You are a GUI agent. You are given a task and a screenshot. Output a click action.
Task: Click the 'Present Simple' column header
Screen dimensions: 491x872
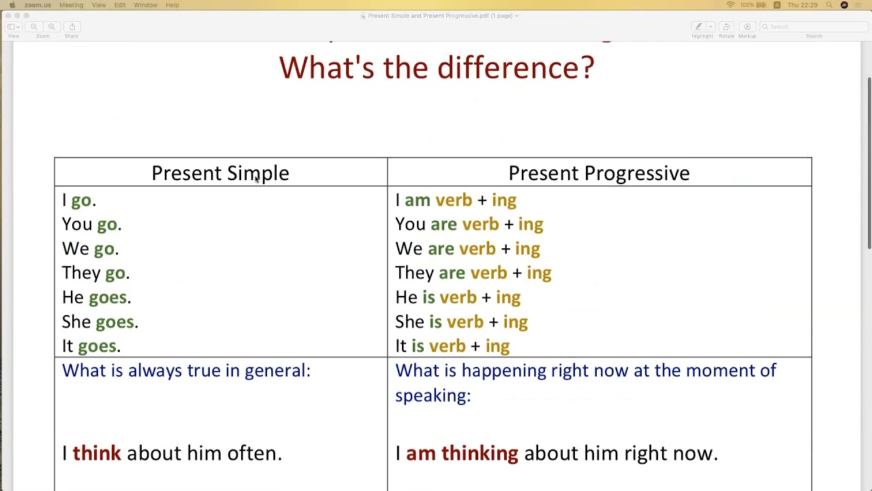[220, 173]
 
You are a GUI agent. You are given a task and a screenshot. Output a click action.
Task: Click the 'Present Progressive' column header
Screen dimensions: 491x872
[599, 173]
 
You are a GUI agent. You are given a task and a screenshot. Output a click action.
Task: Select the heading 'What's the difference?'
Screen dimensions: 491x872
[437, 68]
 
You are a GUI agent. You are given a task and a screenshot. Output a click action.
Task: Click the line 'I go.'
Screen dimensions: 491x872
[79, 200]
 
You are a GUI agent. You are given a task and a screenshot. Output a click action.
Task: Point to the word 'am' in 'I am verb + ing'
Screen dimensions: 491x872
[418, 200]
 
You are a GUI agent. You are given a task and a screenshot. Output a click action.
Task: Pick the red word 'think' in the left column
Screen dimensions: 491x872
[97, 453]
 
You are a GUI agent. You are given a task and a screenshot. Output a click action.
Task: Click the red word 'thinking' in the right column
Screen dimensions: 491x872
[480, 453]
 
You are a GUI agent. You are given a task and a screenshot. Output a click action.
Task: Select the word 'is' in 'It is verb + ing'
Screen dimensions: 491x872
[418, 346]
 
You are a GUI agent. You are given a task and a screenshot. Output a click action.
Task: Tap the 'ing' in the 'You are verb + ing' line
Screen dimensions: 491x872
[530, 224]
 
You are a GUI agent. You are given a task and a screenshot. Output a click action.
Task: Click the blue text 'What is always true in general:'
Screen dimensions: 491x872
[186, 370]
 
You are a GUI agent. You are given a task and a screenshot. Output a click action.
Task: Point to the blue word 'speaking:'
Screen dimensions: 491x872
[433, 396]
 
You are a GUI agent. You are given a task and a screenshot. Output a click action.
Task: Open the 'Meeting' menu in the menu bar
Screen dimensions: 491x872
[71, 5]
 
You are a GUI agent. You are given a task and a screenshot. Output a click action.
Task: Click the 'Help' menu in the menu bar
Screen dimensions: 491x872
[172, 5]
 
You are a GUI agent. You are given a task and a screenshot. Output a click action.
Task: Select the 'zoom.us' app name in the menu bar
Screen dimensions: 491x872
[37, 5]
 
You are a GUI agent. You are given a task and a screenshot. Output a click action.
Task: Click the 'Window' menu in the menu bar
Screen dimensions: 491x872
[145, 5]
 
